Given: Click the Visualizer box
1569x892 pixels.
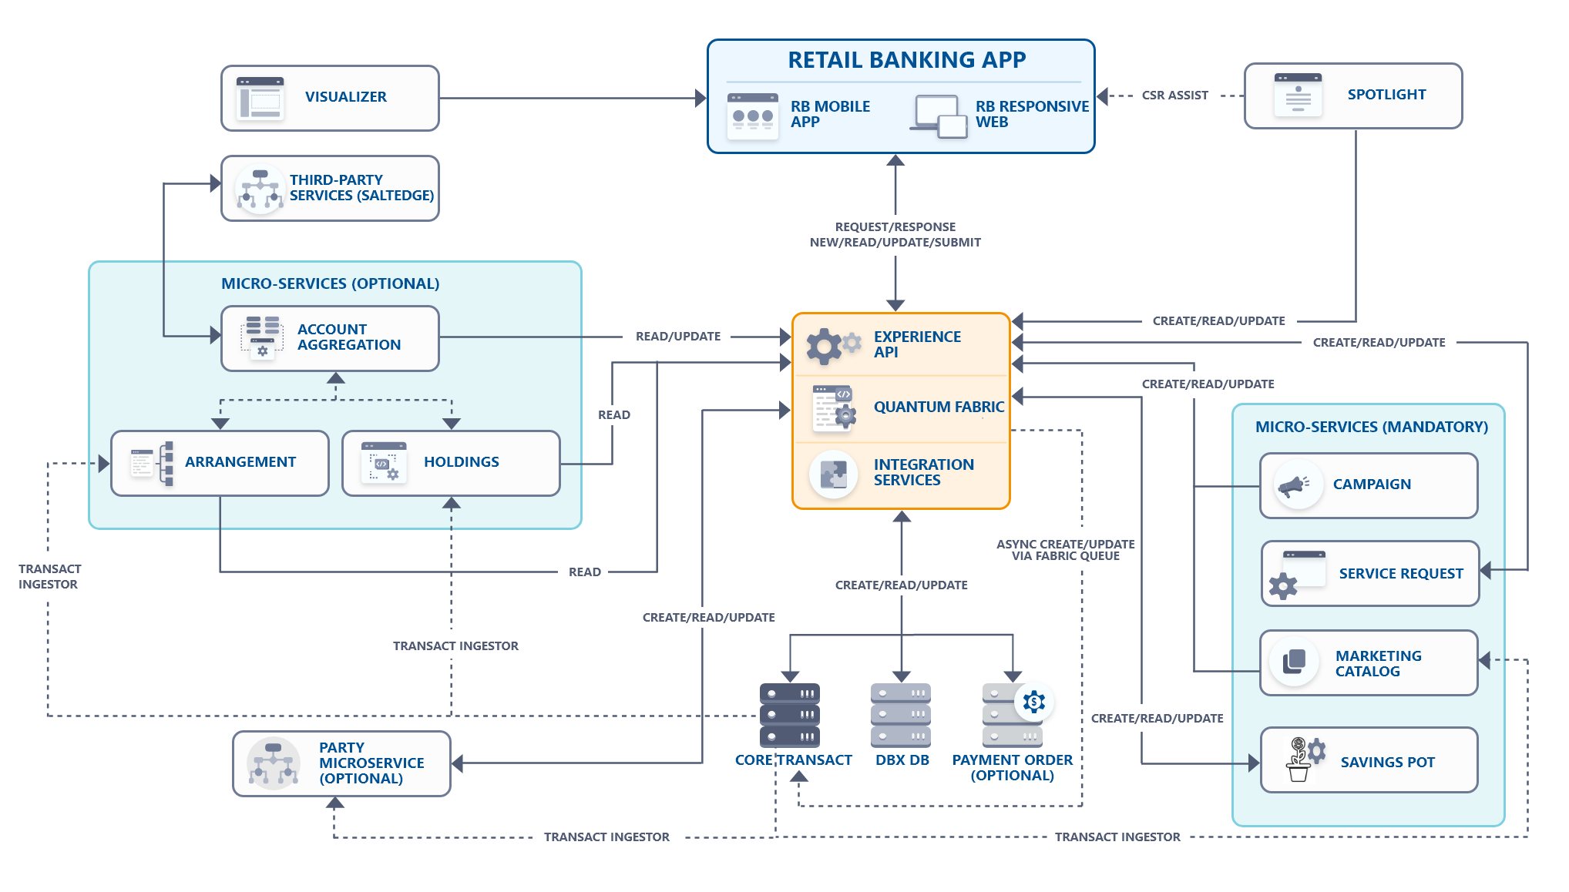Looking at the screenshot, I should [x=330, y=98].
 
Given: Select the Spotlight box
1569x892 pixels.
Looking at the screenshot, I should [x=1352, y=96].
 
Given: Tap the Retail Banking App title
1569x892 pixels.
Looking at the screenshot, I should [x=906, y=60].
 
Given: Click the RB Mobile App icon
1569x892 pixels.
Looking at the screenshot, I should [x=752, y=116].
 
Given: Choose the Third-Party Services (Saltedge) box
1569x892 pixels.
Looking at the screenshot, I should [x=330, y=188].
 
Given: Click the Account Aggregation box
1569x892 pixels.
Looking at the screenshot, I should [x=330, y=338].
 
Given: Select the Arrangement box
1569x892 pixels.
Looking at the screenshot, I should [x=220, y=463].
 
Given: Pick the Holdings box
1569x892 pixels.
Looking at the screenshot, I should [x=451, y=463].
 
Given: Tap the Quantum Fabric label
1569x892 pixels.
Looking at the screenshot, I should [x=939, y=407].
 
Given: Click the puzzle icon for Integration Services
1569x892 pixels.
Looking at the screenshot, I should [x=833, y=474].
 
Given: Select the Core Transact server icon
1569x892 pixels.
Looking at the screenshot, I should [x=790, y=715].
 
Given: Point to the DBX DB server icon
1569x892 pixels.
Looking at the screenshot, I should [x=901, y=715].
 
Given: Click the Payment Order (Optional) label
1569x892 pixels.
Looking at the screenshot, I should [x=1012, y=767].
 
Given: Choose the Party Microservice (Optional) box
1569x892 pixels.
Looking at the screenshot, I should [x=341, y=763].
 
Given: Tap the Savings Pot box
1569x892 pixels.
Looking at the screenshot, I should [x=1369, y=760].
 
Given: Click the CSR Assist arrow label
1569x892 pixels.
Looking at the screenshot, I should [x=1174, y=96].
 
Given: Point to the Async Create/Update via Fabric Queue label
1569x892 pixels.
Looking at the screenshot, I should [x=1065, y=550].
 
